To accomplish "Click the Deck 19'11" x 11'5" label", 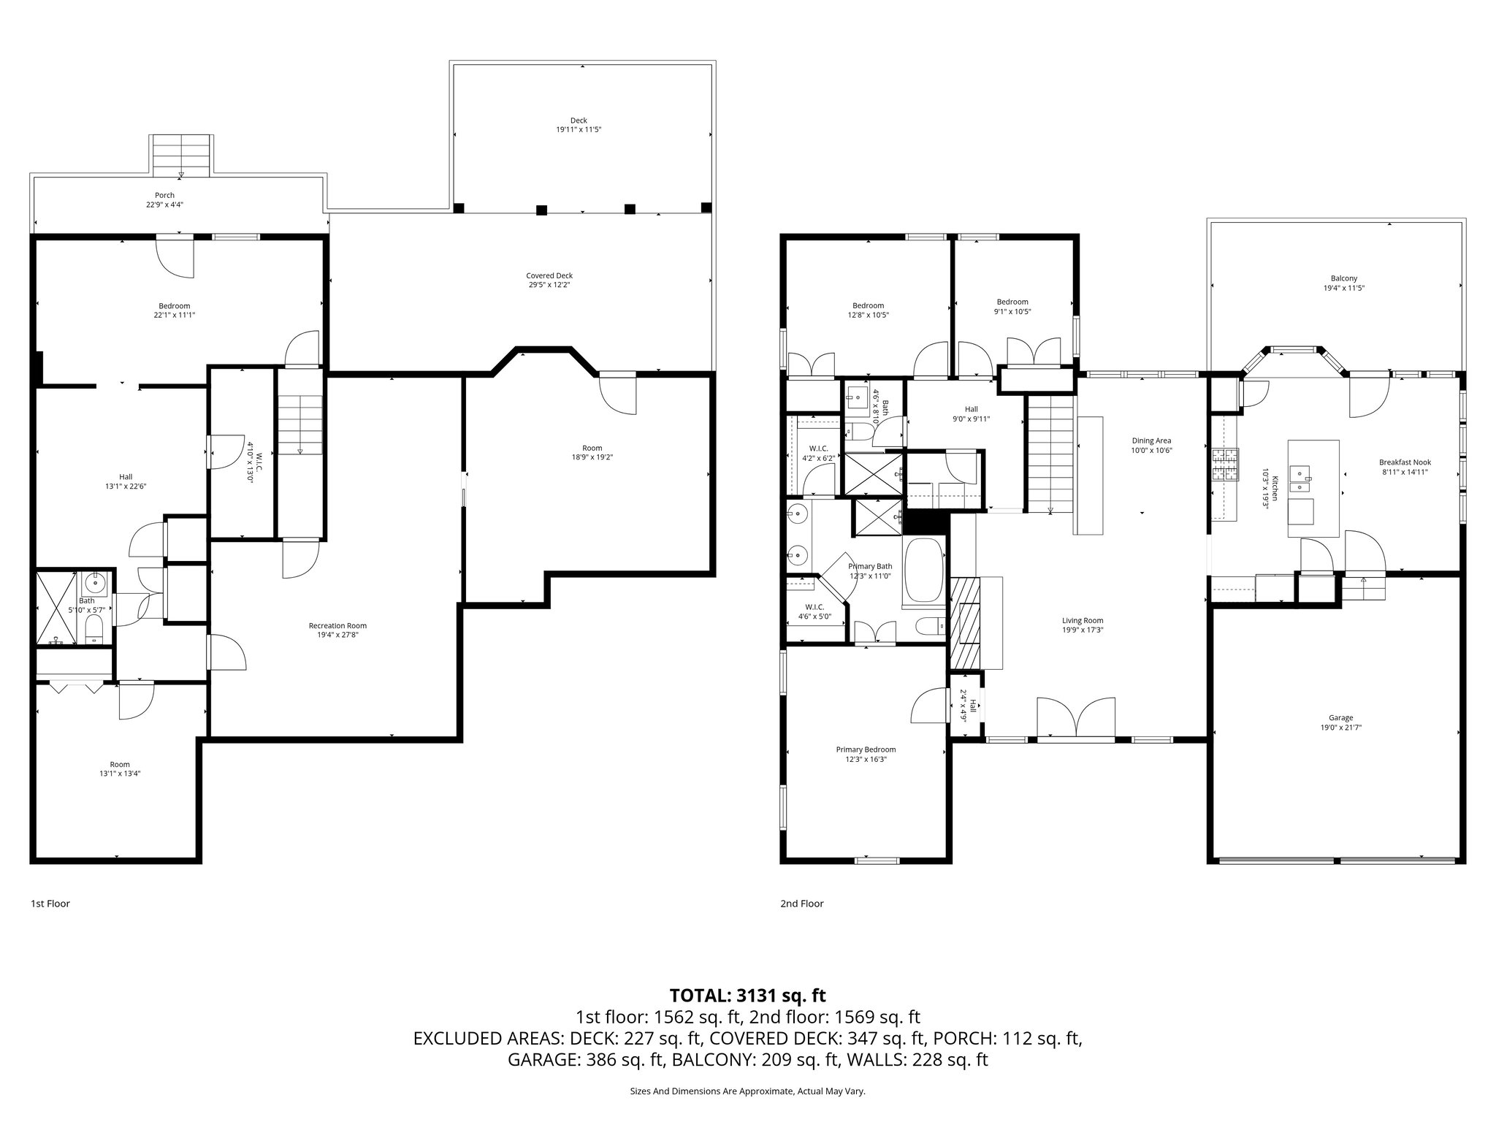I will tap(578, 125).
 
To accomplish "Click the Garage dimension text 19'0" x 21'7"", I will tap(1340, 727).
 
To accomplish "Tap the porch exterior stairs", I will tap(181, 154).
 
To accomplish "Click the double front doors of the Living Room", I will tap(1076, 719).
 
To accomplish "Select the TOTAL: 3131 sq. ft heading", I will tap(747, 995).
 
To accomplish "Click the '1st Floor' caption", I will tap(50, 904).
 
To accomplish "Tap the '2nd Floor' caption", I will tap(801, 904).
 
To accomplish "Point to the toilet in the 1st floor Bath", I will tap(94, 629).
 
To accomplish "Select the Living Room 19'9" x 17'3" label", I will tap(1082, 625).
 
